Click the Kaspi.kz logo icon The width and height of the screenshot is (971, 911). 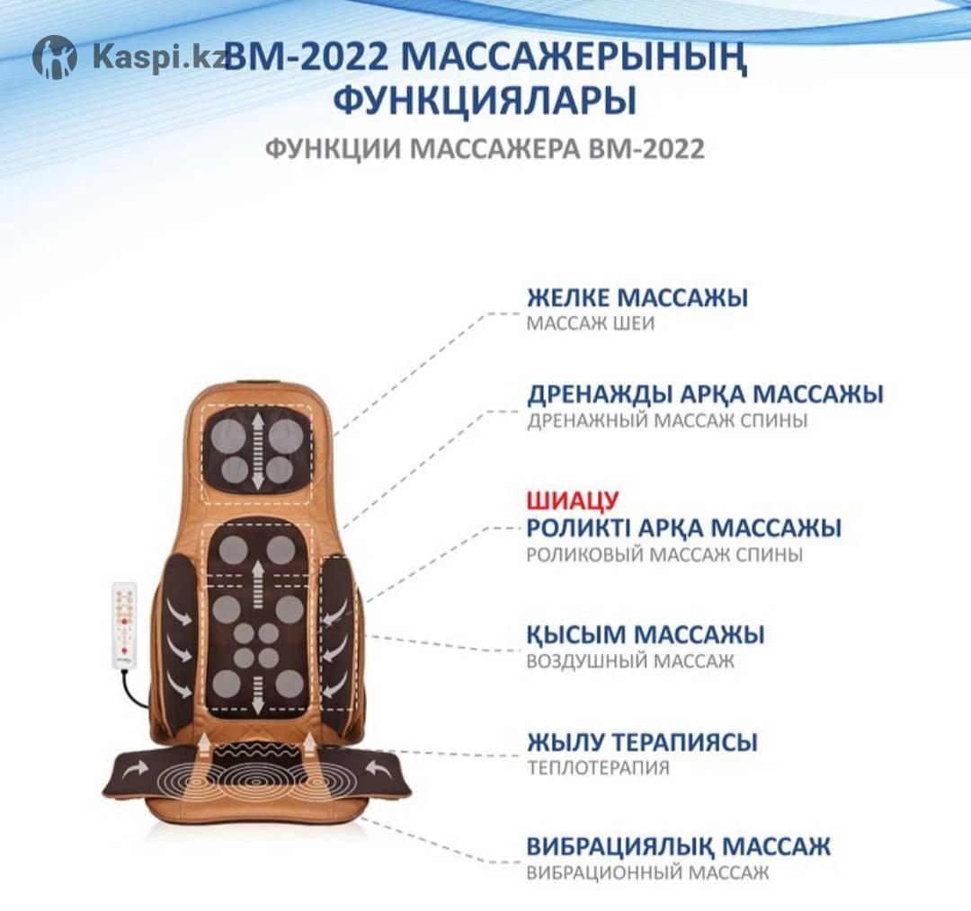55,57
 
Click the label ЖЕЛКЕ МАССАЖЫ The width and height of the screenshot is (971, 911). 637,297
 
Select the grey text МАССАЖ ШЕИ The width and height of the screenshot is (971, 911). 590,323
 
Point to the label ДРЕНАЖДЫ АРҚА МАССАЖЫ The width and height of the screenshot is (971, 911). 706,394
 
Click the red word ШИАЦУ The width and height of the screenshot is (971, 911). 572,500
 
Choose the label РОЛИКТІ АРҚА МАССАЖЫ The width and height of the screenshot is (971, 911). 683,528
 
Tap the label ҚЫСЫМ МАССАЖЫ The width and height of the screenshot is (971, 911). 646,634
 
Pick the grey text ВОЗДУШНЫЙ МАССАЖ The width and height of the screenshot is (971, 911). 630,661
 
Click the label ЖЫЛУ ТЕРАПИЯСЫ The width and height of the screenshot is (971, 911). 642,741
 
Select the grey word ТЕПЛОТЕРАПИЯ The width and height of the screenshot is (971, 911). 598,768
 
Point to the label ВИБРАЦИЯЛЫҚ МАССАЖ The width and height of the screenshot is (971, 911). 678,846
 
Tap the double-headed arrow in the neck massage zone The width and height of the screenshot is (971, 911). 256,448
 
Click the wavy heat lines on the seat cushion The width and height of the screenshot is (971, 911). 257,755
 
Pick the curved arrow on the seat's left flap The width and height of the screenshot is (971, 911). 137,769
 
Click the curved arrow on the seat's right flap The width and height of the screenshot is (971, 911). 379,769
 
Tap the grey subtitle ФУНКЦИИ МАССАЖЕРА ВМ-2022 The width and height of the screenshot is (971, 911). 485,149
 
